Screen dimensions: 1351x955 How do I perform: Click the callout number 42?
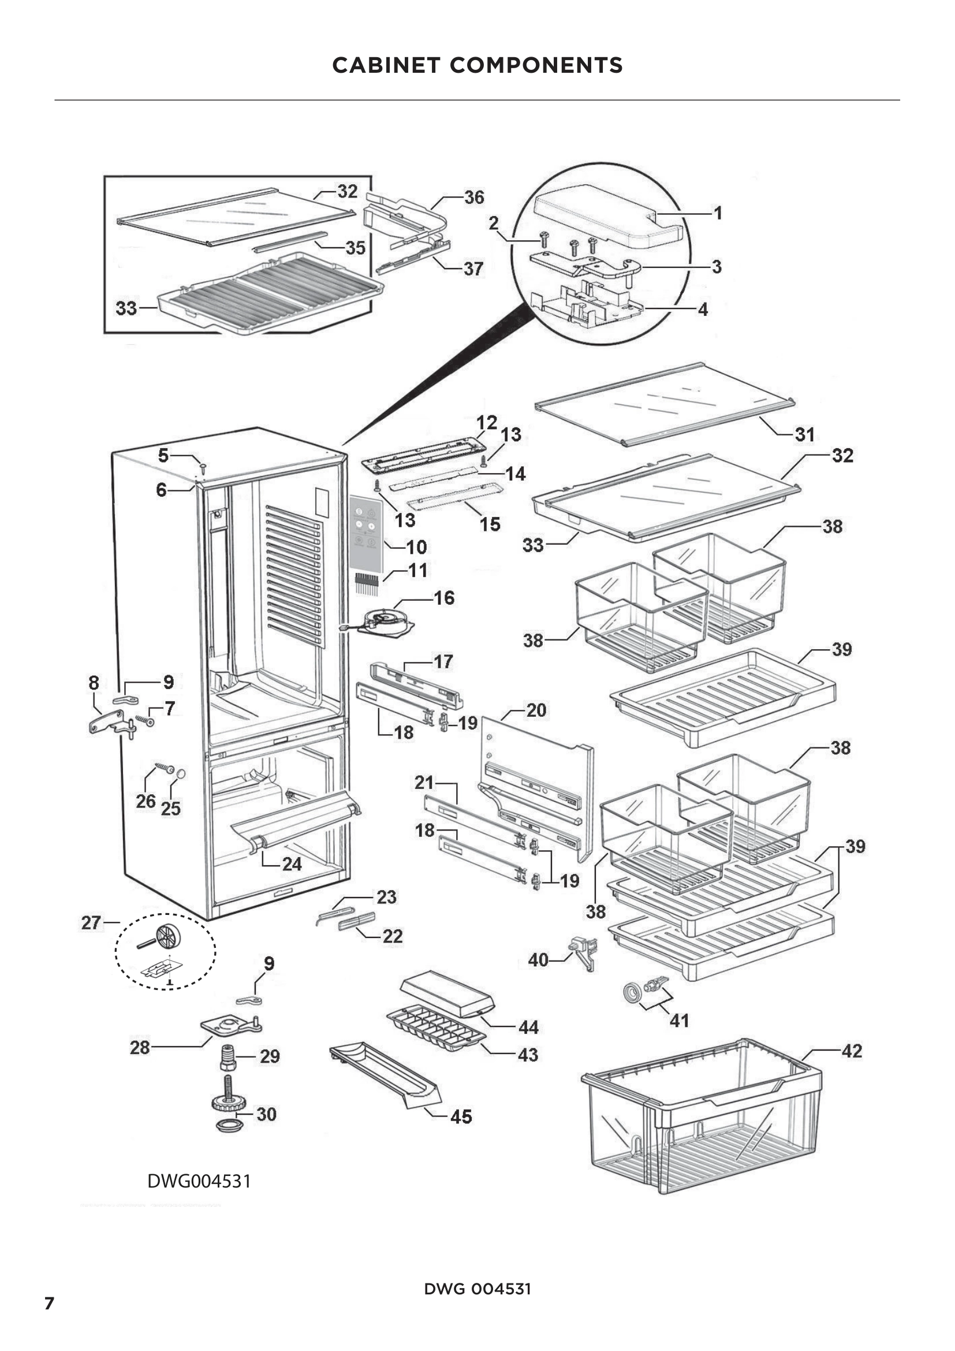coord(852,1051)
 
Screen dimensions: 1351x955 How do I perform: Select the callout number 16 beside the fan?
coord(444,598)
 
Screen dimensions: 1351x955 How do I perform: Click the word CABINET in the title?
coord(386,65)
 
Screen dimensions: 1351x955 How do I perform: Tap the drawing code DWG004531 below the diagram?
coord(199,1181)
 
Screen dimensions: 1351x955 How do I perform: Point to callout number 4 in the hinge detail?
coord(703,310)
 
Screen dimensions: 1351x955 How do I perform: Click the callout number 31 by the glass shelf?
coord(804,434)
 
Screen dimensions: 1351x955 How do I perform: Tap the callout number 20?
coord(536,710)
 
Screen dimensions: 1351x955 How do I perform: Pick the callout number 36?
coord(474,197)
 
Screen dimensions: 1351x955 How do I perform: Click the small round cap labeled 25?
coord(181,774)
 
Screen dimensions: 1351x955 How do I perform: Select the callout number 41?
coord(679,1020)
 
